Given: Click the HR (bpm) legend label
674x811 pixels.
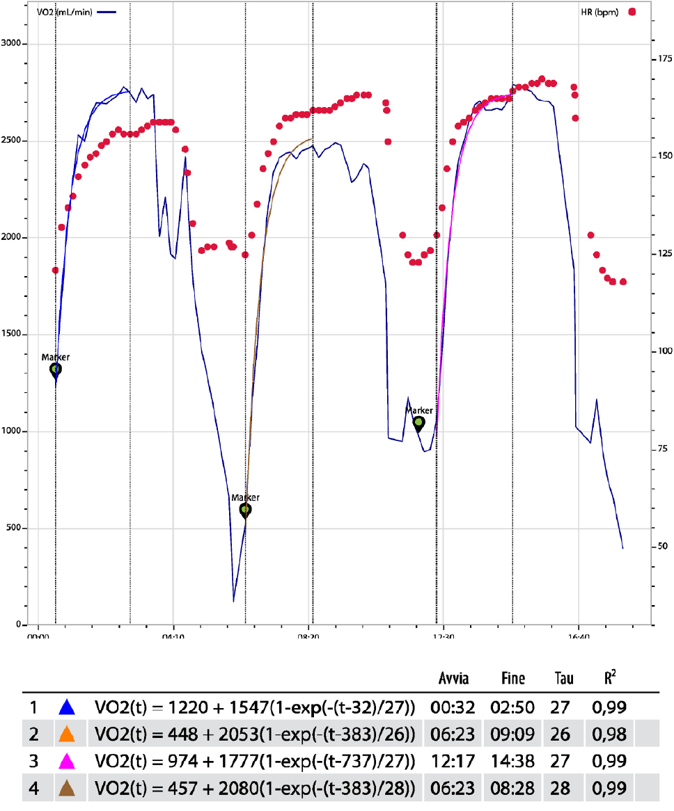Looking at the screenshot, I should pos(602,12).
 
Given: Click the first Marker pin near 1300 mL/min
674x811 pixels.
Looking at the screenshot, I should pos(56,369).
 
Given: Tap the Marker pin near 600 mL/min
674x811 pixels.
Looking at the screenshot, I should pos(245,510).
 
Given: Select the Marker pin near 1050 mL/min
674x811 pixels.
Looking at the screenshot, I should pos(418,422).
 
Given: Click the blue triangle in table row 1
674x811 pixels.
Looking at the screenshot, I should pos(67,708).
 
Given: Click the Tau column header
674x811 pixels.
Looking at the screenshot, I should pos(564,678).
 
